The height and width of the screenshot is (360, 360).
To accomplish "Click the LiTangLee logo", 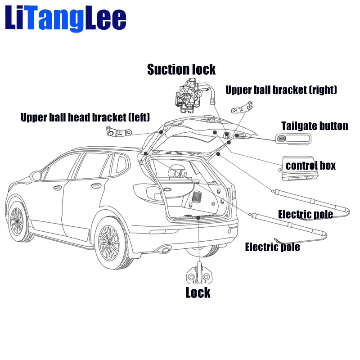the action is [x=65, y=19].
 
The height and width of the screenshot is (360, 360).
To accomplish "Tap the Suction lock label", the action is [x=181, y=70].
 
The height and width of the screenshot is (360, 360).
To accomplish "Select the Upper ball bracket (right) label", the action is [x=281, y=90].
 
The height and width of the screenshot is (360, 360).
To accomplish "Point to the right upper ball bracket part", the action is [x=242, y=108].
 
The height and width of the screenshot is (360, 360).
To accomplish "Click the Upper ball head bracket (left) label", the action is [x=85, y=118].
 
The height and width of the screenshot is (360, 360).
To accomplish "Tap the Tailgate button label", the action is [x=315, y=126].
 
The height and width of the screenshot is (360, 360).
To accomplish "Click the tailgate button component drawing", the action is [x=292, y=139].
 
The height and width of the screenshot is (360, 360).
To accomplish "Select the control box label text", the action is [x=310, y=166].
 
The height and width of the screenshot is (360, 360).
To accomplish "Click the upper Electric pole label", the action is [x=305, y=214].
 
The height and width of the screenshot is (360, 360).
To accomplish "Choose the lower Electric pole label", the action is [x=272, y=247].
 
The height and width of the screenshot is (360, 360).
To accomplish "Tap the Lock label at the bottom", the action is [x=198, y=293].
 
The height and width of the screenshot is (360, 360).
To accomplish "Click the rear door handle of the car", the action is [x=95, y=184].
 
